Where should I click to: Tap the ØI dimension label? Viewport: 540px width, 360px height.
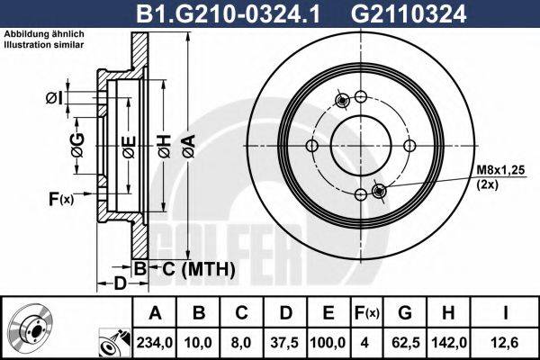[x=53, y=97]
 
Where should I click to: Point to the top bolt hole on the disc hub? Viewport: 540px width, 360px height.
[x=360, y=97]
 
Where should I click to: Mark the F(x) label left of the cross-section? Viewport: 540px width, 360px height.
[x=61, y=198]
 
